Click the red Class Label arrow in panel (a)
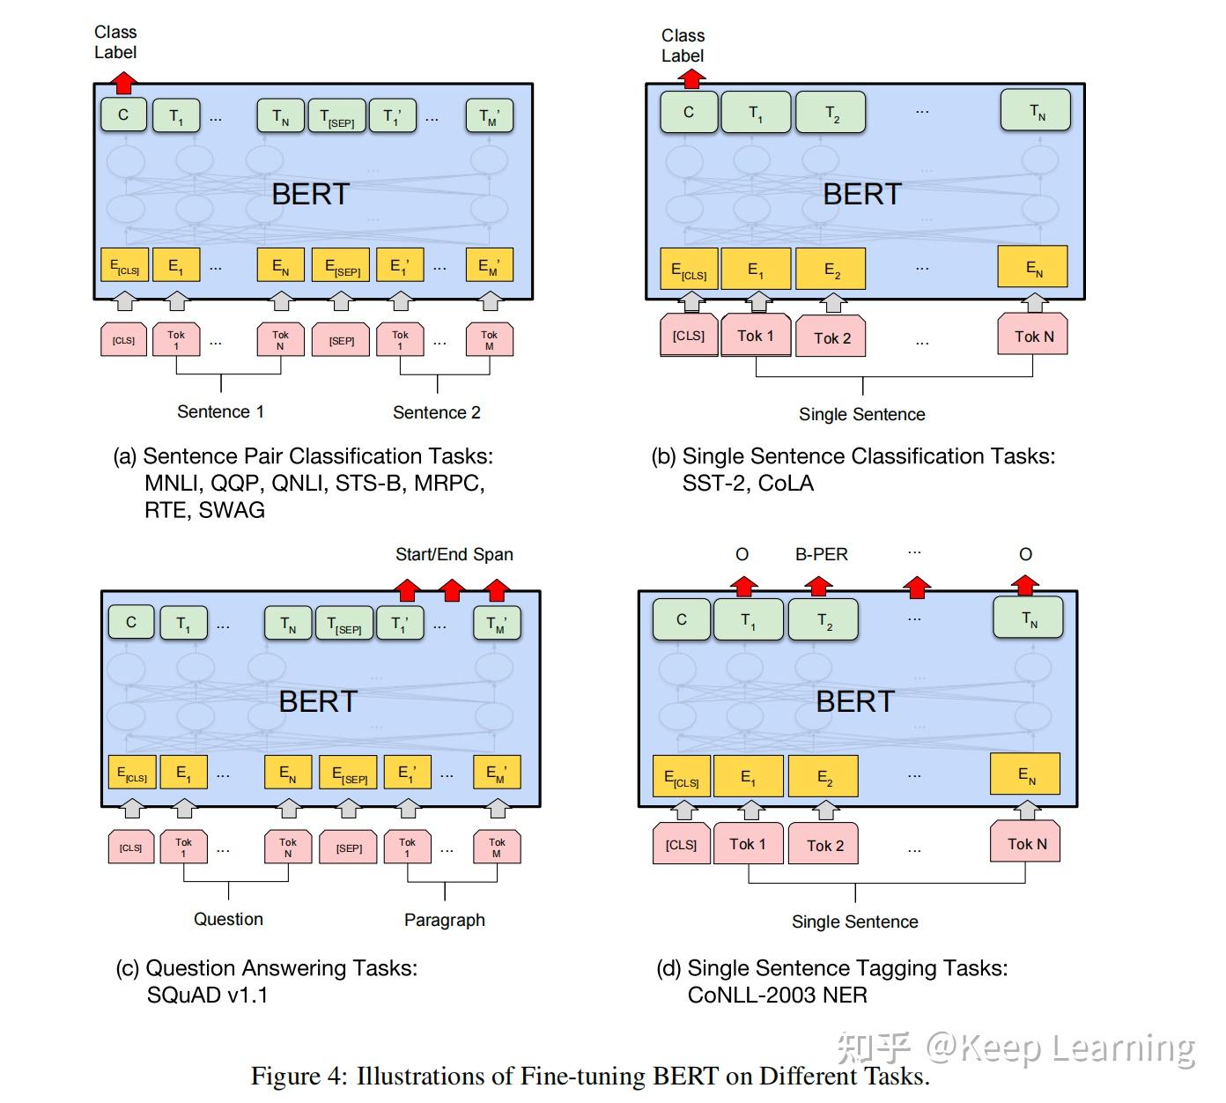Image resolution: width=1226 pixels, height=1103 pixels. point(124,83)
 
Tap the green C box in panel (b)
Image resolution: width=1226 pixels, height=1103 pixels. point(689,113)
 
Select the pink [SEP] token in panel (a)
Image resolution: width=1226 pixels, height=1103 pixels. point(342,340)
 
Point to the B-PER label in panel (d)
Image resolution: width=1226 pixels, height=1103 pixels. point(821,554)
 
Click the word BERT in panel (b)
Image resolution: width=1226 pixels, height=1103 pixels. point(861,194)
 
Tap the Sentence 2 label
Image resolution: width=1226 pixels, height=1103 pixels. point(436,412)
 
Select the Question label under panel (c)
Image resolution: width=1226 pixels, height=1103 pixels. point(228,919)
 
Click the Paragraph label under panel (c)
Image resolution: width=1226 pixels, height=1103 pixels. point(444,920)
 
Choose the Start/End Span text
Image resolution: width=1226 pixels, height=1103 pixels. point(454,554)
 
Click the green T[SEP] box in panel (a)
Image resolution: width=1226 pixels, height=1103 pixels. point(336,116)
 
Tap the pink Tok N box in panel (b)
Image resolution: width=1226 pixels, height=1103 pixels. point(1033,337)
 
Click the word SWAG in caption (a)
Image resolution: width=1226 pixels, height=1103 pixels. point(231,510)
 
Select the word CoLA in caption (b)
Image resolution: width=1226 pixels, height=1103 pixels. point(786,484)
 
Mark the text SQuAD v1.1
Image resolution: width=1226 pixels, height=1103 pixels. point(207,996)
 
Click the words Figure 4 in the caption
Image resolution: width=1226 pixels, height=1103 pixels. point(299,1077)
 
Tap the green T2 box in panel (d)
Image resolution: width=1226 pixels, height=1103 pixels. point(823,621)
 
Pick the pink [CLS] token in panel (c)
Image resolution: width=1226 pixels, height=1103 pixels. point(130,848)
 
